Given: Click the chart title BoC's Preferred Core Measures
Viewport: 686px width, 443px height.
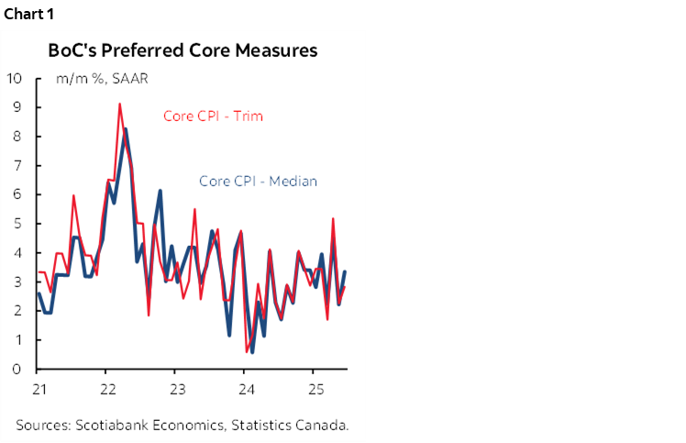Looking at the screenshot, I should coord(183,50).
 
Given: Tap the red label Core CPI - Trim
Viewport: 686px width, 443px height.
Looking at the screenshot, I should coord(220,116).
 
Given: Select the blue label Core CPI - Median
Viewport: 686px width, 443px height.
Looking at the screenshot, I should coord(258,181).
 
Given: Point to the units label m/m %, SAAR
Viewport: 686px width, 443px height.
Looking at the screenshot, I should coord(102,79).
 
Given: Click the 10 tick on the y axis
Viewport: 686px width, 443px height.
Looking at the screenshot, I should coord(14,78).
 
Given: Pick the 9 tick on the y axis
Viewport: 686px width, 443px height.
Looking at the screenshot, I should coord(17,107).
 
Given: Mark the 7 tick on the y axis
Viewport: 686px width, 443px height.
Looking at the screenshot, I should coord(17,165).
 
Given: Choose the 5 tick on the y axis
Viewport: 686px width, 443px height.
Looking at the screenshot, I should coord(17,224).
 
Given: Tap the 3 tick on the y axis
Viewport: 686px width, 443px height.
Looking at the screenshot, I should coord(17,282).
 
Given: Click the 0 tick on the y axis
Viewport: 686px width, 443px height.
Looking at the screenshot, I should coord(17,369).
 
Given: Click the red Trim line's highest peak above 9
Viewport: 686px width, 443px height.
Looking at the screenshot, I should coord(119,105).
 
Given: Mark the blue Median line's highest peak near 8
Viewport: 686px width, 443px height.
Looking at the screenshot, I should coord(126,129).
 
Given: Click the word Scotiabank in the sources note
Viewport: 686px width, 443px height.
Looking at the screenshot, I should coord(113,425).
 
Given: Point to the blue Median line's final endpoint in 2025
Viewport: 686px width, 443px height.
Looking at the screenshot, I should coord(345,271).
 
